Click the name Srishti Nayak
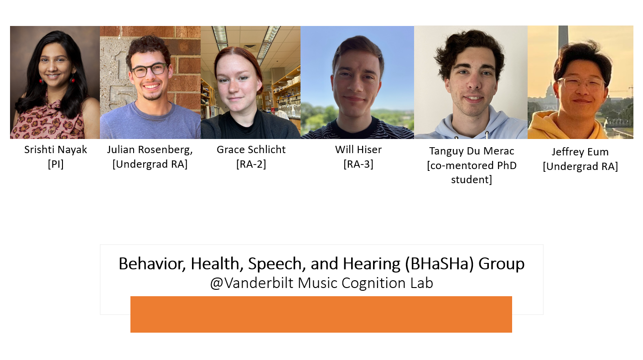click(x=55, y=149)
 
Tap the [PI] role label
click(x=55, y=164)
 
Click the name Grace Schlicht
click(x=251, y=149)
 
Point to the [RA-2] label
click(x=251, y=164)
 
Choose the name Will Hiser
click(x=358, y=149)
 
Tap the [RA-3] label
click(x=358, y=164)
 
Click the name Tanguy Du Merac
click(x=472, y=151)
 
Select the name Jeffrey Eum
click(x=580, y=152)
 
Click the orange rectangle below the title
click(x=321, y=314)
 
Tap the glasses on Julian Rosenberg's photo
click(x=149, y=70)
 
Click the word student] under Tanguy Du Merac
click(x=472, y=180)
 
